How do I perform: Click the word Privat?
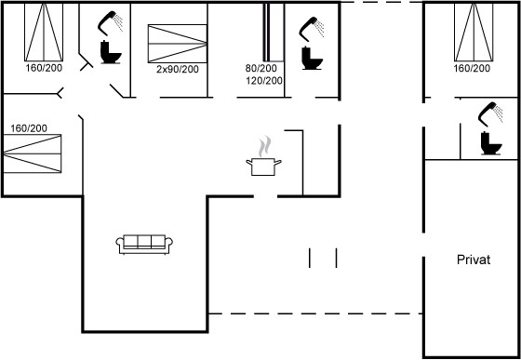point(474,260)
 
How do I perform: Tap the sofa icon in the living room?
point(144,245)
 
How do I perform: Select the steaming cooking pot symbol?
point(263,156)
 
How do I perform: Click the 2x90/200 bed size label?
point(178,69)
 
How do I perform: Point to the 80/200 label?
point(260,69)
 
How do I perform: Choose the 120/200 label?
point(264,81)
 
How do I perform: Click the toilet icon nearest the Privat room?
point(491,143)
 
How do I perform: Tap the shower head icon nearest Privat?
point(490,114)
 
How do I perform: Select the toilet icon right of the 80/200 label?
point(312,58)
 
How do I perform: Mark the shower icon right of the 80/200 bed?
point(312,29)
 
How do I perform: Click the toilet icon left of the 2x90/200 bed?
point(111,52)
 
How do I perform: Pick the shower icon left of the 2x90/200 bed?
point(111,23)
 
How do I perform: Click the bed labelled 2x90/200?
point(178,44)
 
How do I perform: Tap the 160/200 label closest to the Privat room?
point(473,69)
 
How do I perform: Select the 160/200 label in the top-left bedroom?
point(44,68)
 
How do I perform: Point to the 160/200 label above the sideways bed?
point(29,128)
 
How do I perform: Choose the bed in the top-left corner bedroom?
point(44,33)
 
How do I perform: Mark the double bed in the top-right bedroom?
point(474,33)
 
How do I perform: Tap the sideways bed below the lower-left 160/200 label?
point(33,153)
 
